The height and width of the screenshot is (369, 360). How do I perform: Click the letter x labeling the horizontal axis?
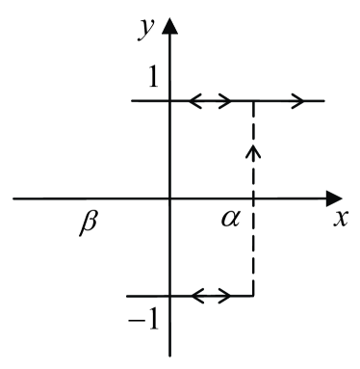pos(339,218)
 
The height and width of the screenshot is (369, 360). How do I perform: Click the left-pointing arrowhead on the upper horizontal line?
pos(192,99)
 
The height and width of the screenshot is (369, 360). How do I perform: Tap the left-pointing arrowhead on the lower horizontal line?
pos(192,296)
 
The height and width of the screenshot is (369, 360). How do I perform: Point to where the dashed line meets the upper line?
pos(253,99)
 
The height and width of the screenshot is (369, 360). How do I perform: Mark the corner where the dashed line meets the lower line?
pos(253,296)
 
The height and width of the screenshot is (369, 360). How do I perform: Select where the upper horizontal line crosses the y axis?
pos(170,99)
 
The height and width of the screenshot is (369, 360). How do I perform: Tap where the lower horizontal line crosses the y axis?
pos(170,296)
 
